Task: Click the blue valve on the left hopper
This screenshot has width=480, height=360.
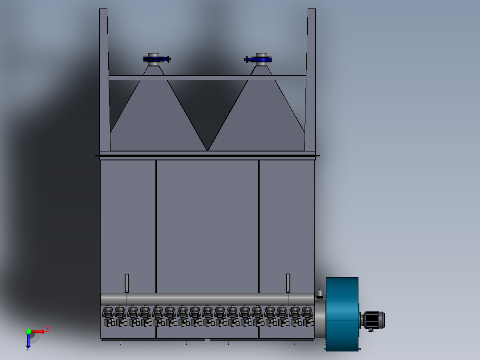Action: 156,59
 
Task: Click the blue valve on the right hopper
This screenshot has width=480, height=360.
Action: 258,59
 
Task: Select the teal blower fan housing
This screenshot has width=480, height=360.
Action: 342,314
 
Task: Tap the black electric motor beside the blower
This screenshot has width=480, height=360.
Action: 373,320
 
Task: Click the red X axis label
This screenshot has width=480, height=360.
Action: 48,330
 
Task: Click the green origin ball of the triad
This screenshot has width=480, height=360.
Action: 28,331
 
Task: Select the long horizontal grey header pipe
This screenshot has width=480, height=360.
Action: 207,299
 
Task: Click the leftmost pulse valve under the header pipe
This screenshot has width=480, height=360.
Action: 108,316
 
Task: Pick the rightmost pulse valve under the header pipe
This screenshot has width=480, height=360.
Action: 307,316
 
